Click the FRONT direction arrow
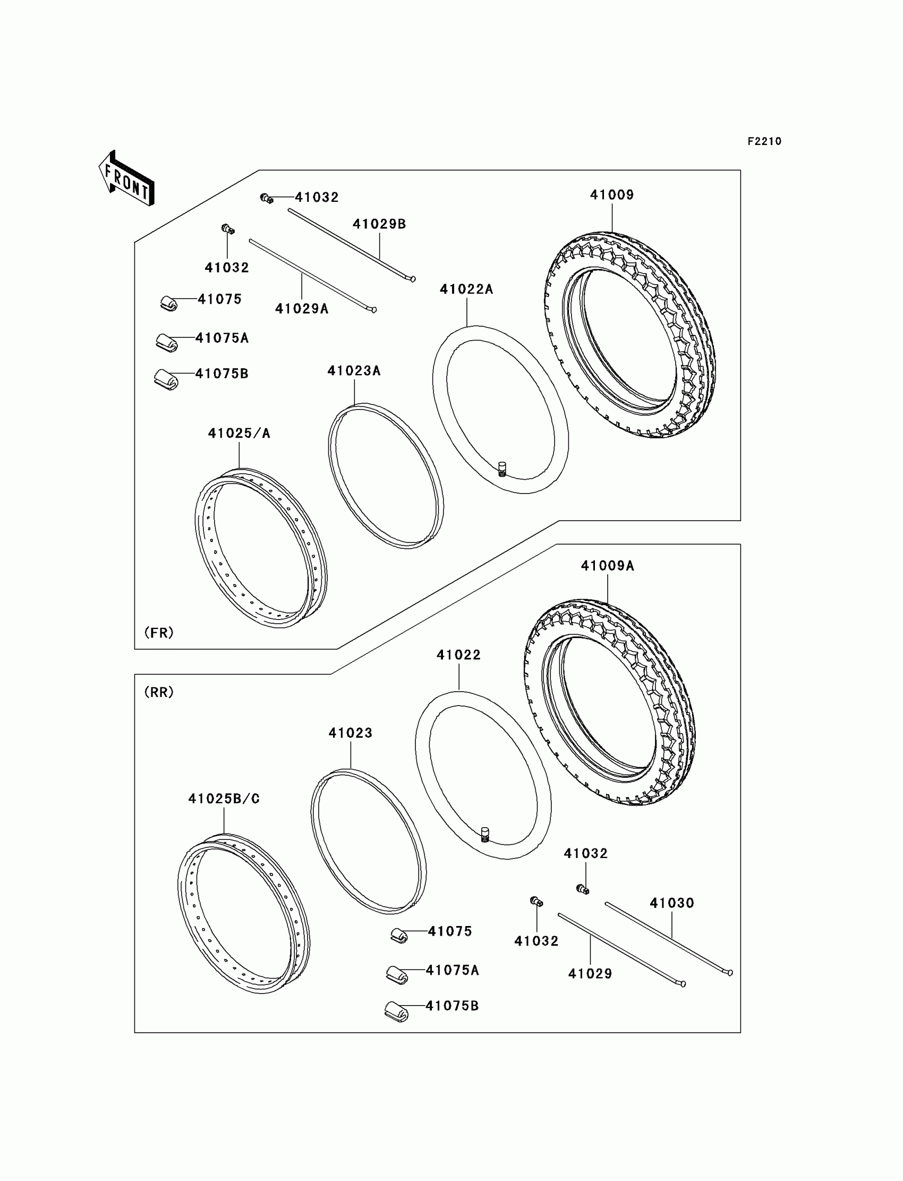tap(126, 179)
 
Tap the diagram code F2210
tap(764, 141)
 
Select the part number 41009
tap(612, 195)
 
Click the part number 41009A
tap(607, 566)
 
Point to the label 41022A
tap(466, 289)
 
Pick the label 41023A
tap(354, 371)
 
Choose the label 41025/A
tap(239, 434)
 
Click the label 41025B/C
tap(224, 799)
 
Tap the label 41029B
tap(379, 224)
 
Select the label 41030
tap(672, 903)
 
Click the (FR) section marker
tap(159, 633)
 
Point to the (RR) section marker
tap(159, 692)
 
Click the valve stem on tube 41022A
tap(502, 469)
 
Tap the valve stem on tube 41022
tap(485, 834)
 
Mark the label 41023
tap(351, 733)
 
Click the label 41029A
tap(302, 309)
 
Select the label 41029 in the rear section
tap(590, 973)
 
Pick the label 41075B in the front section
tap(222, 373)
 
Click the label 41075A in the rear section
tap(452, 970)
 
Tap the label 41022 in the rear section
tap(458, 655)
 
